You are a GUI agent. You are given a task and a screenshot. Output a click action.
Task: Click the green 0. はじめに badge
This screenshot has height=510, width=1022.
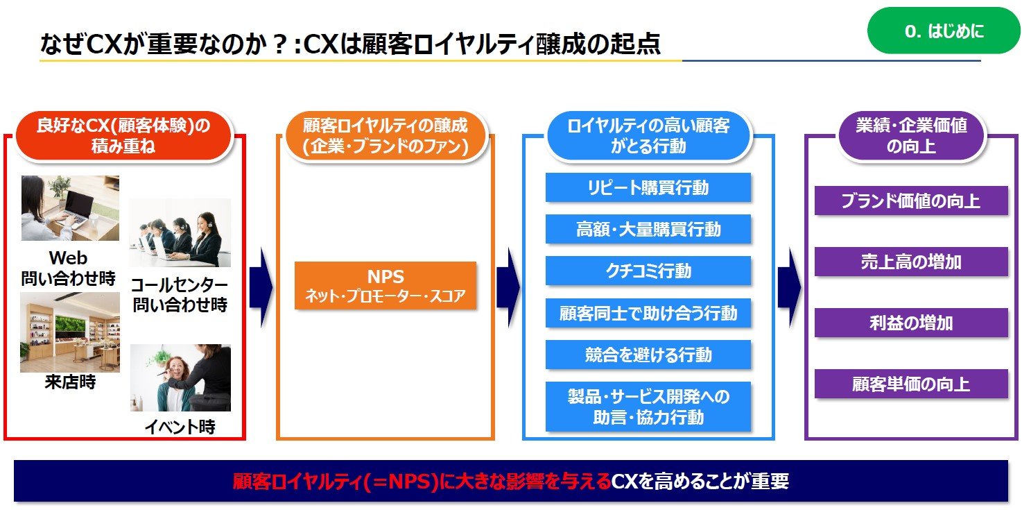coord(944,31)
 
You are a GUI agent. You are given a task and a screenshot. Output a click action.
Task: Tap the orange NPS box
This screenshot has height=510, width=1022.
coord(385,285)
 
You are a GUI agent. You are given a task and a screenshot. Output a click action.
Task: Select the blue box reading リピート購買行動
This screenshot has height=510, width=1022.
coord(648,187)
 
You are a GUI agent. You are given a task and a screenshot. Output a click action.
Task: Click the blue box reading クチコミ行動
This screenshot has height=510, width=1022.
coord(648,271)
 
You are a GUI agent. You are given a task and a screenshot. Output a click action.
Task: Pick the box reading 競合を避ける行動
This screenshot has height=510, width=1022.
coord(648,355)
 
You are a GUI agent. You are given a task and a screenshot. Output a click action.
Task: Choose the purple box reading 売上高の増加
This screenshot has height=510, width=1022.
coord(910,262)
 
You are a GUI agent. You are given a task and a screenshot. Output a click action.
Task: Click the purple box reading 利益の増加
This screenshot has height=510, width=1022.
coord(910,323)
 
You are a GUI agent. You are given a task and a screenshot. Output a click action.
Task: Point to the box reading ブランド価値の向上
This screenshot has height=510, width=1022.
coord(910,201)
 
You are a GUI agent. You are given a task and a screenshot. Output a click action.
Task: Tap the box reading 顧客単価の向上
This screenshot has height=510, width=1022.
coord(910,384)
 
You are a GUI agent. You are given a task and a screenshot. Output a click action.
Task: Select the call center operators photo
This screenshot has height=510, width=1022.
coord(180,233)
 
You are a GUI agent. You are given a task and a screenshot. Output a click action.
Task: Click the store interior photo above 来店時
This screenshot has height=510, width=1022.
coord(69,332)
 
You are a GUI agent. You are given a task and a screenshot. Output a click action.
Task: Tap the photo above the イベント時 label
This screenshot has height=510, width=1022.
coord(180,378)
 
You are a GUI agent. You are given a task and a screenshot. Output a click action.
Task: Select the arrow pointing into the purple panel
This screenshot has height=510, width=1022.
coord(789,287)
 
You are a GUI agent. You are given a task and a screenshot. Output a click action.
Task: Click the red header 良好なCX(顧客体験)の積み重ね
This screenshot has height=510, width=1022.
coord(123,136)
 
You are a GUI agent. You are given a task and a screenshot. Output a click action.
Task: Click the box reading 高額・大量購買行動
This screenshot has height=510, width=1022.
coord(648,229)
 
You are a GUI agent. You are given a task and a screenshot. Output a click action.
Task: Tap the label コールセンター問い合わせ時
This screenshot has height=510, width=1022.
coord(180,295)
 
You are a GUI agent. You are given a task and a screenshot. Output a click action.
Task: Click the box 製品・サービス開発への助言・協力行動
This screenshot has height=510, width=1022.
coord(648,407)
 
